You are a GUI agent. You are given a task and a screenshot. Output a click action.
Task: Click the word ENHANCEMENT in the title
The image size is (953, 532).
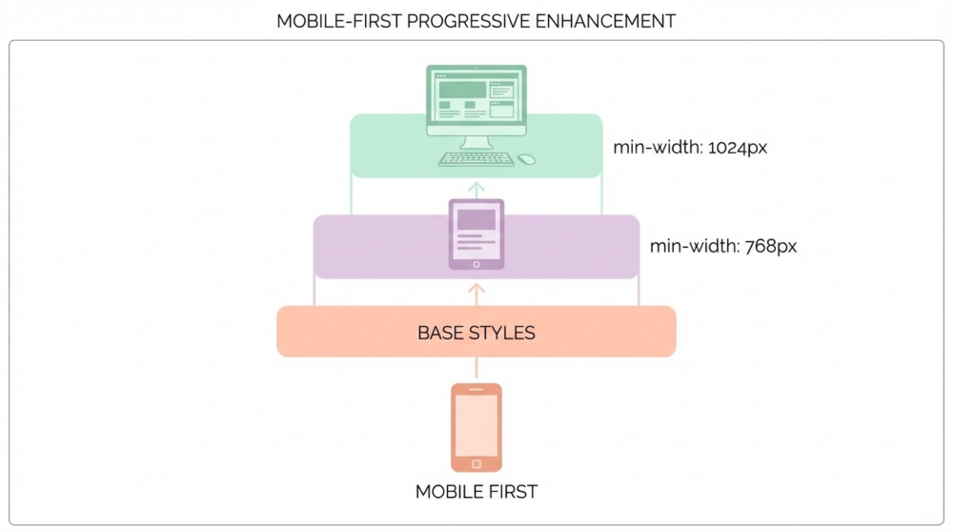[x=605, y=21]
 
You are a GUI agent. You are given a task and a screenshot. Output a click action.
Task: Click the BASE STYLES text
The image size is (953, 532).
[x=476, y=333]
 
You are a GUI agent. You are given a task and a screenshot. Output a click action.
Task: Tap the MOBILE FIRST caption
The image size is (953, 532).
[x=476, y=491]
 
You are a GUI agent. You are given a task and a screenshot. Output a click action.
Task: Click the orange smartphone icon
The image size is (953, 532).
[x=476, y=427]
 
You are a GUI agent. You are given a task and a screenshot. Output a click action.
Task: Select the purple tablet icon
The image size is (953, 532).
[x=476, y=235]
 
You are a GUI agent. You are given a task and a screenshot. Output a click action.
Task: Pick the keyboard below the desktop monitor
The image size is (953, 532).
[x=476, y=158]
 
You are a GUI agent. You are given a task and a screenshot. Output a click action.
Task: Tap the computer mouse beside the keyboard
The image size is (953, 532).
[x=526, y=159]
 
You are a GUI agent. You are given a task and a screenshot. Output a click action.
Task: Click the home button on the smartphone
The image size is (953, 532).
[x=476, y=464]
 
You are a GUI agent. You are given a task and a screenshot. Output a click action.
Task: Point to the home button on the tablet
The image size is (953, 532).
[x=476, y=264]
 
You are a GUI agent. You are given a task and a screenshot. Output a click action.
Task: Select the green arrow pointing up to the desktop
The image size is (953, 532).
[x=476, y=191]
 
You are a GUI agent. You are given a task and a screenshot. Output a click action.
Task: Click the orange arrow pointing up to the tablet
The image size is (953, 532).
[x=476, y=295]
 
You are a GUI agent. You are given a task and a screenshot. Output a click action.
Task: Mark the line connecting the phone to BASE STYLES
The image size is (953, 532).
[x=476, y=367]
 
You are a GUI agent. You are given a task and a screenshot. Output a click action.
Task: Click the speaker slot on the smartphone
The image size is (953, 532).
[x=476, y=390]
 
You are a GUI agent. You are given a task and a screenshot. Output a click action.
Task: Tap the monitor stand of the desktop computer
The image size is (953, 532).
[x=476, y=143]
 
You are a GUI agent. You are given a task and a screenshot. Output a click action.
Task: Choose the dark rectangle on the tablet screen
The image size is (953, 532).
[x=476, y=219]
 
